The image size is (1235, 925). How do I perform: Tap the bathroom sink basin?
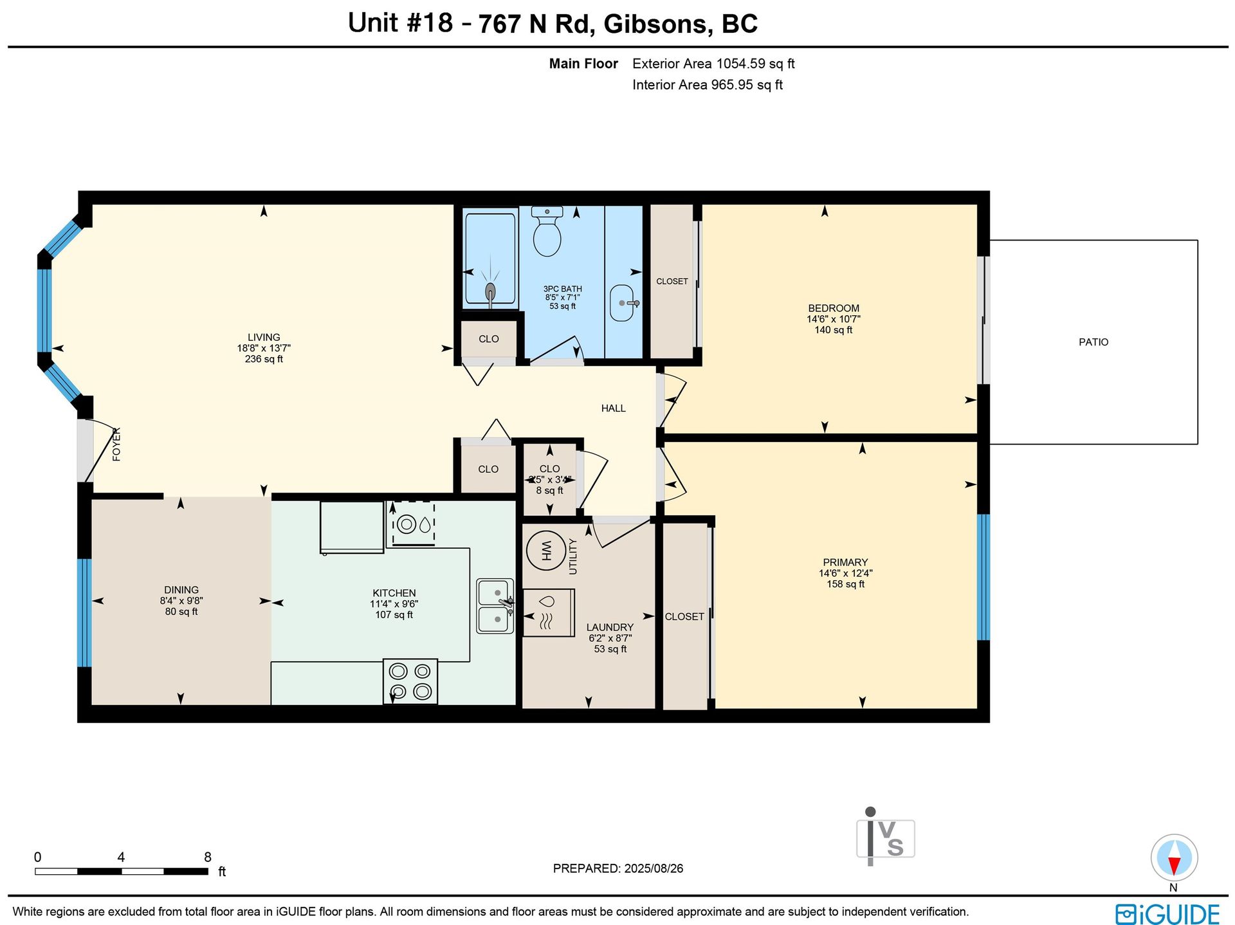pos(622,303)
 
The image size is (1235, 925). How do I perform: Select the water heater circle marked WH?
pos(546,551)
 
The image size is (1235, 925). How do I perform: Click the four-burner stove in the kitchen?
pos(410,681)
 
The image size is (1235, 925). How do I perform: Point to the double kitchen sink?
pos(495,606)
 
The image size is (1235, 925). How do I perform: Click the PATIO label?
pos(1093,342)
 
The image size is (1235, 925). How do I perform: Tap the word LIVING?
pos(264,337)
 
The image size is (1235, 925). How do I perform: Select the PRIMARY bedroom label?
pos(845,562)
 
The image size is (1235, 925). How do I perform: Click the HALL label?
pos(614,408)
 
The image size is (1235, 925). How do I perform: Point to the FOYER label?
pos(116,444)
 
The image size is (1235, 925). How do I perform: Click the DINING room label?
pos(181,590)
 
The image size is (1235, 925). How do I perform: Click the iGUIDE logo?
pos(1167,914)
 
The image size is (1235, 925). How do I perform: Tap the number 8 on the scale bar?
pos(208,857)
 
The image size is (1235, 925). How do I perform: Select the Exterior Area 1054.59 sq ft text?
pos(713,64)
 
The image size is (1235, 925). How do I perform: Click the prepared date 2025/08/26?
pos(654,868)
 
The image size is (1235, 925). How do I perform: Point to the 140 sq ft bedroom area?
pos(834,330)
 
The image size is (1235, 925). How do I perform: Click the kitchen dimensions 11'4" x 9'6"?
pos(394,604)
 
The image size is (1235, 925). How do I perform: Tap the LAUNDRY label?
pos(610,627)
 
